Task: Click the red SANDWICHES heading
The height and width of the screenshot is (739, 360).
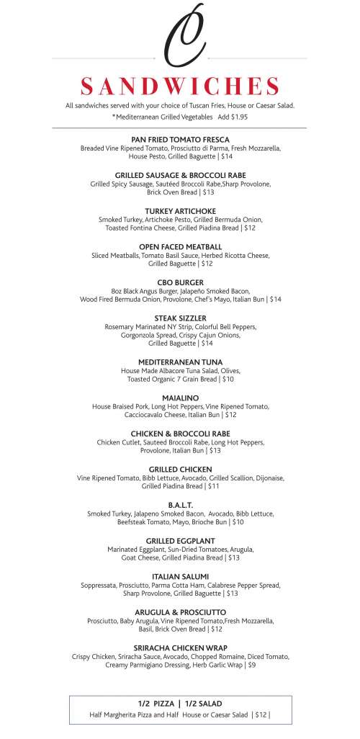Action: [180, 86]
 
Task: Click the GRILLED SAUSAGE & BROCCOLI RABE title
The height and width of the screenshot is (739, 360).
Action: [180, 175]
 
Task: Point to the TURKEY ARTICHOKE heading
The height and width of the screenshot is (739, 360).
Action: [180, 210]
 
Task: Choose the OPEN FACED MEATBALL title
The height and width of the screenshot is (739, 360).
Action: [180, 246]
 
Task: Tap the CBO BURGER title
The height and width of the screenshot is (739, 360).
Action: [180, 282]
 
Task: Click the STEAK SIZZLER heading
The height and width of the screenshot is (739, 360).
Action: [180, 318]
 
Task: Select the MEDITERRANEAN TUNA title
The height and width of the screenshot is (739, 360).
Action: [180, 362]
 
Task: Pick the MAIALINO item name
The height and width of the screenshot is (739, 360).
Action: [180, 398]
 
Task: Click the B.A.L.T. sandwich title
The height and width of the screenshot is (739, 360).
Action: [180, 505]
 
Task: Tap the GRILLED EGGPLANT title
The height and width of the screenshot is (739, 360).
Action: [180, 540]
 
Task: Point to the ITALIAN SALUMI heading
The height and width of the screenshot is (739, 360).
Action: [180, 576]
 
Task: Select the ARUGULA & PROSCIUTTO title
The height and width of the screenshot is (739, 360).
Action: [180, 612]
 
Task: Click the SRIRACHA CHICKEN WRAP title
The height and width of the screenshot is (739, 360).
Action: [180, 648]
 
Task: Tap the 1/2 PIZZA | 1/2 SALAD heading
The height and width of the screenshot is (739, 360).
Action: [180, 703]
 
